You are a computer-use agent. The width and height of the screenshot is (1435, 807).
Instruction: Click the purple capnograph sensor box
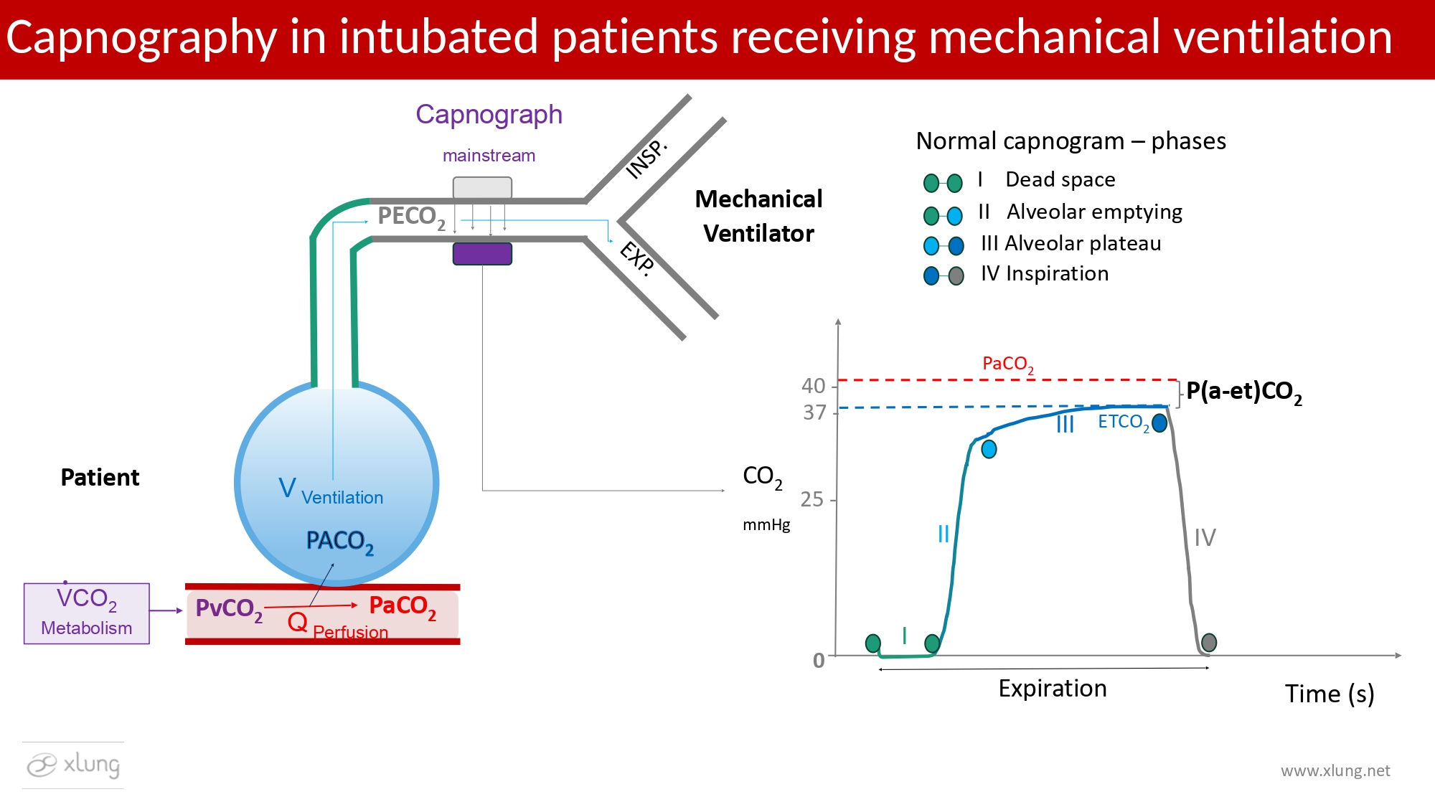click(x=482, y=254)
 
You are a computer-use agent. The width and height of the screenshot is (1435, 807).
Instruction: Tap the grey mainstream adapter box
click(x=482, y=188)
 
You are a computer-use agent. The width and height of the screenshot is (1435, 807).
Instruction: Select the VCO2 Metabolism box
click(x=87, y=613)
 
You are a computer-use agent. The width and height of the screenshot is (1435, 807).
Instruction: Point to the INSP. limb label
click(x=646, y=159)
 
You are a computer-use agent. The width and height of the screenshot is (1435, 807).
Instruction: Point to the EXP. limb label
click(x=637, y=258)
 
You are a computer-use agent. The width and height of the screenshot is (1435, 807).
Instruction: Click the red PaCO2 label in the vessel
click(x=402, y=607)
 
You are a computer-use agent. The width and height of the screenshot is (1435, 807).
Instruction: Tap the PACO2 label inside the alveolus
click(x=339, y=542)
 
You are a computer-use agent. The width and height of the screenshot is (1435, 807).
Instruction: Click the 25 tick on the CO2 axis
click(x=812, y=499)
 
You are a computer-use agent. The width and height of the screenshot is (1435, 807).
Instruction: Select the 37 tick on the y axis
click(x=815, y=412)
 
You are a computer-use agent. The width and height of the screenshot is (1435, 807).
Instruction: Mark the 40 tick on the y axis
click(x=814, y=386)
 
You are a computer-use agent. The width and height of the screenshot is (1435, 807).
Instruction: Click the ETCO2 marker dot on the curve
click(x=1159, y=423)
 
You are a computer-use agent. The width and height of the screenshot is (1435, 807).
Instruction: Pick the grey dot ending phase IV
click(x=1209, y=642)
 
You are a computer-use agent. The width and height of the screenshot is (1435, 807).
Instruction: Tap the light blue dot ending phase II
click(x=989, y=449)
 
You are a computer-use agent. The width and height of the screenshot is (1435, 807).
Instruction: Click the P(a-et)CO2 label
click(x=1243, y=392)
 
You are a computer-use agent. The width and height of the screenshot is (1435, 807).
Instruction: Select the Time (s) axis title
click(x=1329, y=694)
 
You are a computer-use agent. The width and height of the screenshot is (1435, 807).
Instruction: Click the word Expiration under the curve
click(x=1053, y=689)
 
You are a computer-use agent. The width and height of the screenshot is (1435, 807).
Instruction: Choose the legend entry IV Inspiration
click(x=1045, y=274)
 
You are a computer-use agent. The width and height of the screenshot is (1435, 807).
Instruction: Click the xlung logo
click(x=73, y=765)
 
